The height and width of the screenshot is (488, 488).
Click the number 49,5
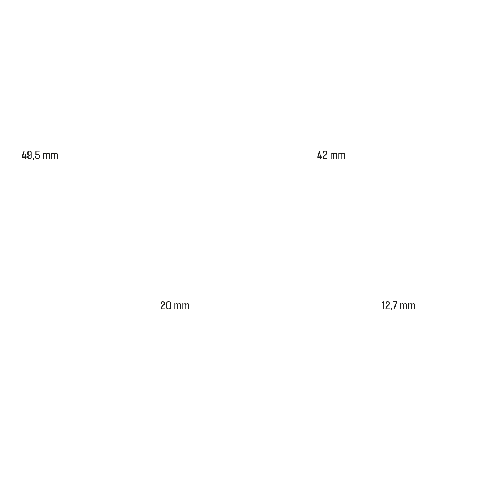point(31,155)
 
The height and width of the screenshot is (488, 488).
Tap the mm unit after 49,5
point(50,155)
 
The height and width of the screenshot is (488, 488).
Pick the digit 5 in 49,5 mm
point(37,155)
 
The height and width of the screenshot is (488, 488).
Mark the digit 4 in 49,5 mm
point(24,155)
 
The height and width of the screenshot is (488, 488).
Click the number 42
point(322,155)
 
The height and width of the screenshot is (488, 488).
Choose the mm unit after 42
point(338,155)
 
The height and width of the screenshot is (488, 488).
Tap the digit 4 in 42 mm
point(320,155)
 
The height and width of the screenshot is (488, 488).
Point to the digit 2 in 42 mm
point(325,155)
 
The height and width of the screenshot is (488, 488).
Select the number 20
point(166,305)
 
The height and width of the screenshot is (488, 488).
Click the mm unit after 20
point(182,306)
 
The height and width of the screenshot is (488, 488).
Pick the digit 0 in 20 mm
point(168,305)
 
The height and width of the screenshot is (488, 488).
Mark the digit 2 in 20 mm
point(163,305)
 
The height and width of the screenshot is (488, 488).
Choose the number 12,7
point(389,305)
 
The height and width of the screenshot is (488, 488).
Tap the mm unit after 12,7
point(408,306)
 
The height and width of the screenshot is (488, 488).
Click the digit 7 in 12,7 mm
point(395,305)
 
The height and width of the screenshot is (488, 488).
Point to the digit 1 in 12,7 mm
point(383,305)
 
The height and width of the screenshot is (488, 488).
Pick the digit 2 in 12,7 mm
point(387,305)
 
